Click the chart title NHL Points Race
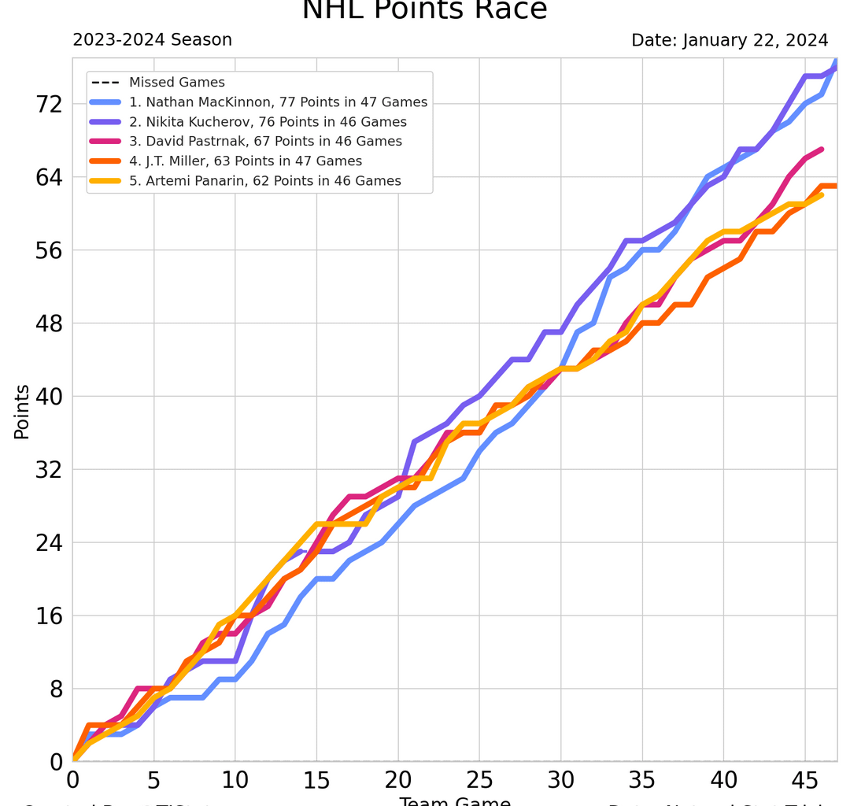click(x=424, y=9)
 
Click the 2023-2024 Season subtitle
click(x=152, y=40)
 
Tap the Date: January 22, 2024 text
click(x=730, y=40)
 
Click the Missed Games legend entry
click(x=176, y=83)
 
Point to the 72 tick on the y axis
click(x=45, y=104)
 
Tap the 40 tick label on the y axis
click(x=45, y=397)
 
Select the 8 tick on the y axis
click(x=54, y=690)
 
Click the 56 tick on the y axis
click(x=45, y=250)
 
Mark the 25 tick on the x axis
click(x=479, y=780)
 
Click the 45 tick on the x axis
click(x=804, y=780)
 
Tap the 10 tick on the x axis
click(x=235, y=780)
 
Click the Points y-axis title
click(x=22, y=411)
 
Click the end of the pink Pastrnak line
click(x=821, y=150)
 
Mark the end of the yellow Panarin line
click(x=821, y=194)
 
